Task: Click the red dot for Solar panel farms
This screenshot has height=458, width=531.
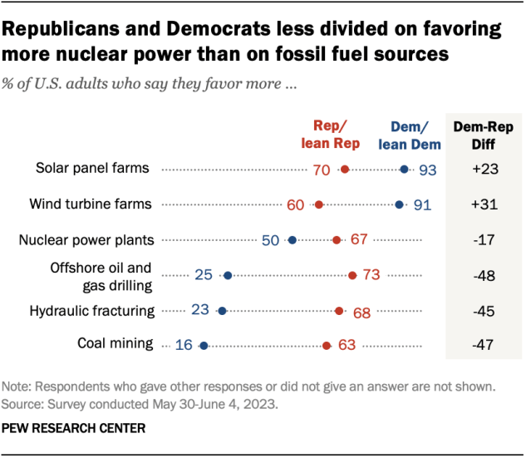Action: [344, 170]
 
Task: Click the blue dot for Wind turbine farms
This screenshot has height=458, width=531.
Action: [400, 204]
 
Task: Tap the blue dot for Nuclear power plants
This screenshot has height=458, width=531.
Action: [292, 240]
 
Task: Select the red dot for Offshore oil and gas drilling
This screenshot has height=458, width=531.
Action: [352, 275]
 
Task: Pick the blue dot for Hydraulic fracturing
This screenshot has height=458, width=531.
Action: [221, 311]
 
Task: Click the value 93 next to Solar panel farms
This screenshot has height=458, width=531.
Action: [427, 170]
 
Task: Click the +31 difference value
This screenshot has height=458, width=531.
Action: [484, 204]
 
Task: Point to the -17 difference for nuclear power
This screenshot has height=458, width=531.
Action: [484, 240]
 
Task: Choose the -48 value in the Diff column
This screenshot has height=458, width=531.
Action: [484, 275]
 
